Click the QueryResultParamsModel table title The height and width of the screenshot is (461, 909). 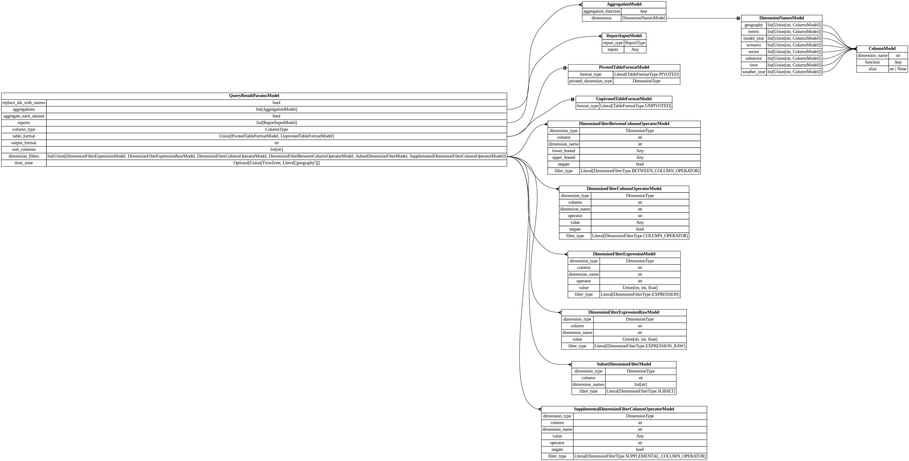point(254,96)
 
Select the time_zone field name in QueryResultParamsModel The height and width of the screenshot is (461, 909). point(24,163)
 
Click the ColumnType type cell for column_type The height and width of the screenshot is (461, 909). point(276,129)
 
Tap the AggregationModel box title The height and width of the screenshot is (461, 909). point(624,5)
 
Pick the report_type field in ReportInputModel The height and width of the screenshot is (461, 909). point(613,43)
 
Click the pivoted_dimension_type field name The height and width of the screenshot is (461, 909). point(590,81)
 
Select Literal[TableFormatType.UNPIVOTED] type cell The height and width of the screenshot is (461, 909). point(635,106)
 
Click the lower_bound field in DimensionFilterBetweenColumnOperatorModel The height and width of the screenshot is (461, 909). point(564,151)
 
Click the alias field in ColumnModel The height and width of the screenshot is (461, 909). point(872,69)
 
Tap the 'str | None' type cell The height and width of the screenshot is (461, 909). point(898,69)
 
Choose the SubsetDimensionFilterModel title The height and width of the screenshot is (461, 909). point(624,364)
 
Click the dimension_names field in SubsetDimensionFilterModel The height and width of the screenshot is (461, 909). point(588,385)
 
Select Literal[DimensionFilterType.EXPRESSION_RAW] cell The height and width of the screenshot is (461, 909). point(639,346)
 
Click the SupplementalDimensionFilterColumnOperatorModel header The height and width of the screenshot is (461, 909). point(624,409)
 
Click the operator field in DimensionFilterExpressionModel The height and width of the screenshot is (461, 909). point(584,281)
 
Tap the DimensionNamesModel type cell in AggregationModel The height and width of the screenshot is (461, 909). point(643,18)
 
